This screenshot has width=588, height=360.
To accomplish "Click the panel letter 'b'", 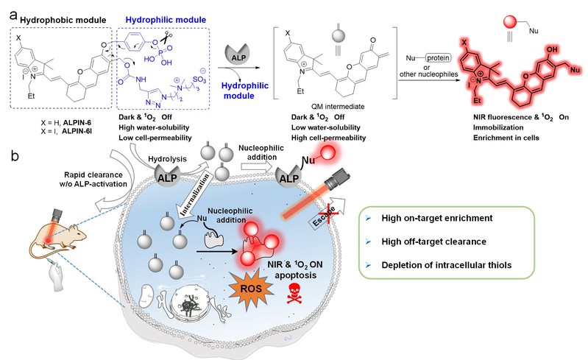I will pyautogui.click(x=9, y=157).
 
